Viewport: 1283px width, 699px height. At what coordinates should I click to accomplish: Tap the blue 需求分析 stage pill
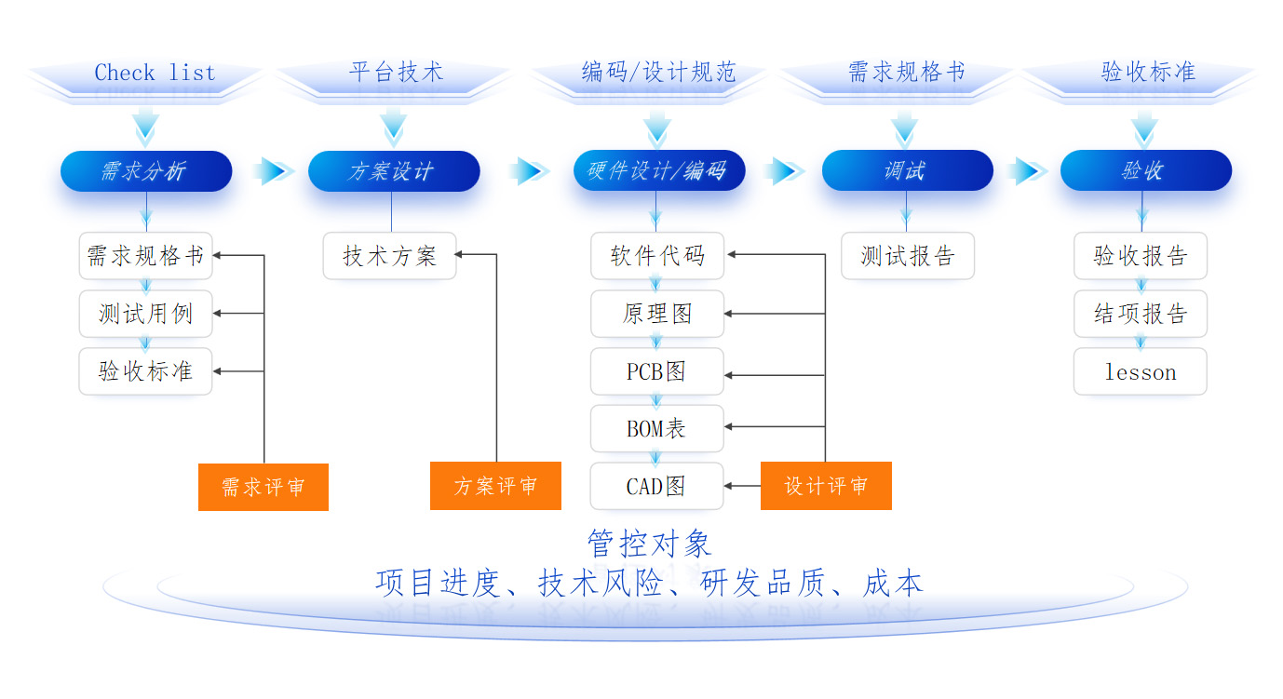coord(146,170)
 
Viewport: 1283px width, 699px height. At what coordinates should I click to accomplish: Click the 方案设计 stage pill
coord(394,170)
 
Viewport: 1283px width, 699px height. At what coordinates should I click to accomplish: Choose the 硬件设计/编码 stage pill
coord(659,170)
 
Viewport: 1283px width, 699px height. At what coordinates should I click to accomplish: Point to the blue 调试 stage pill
coord(907,170)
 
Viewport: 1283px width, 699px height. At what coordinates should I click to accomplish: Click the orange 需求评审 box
coord(263,487)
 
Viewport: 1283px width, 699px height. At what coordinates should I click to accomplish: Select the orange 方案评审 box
coord(495,486)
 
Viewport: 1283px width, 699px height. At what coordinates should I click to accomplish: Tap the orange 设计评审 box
coord(826,486)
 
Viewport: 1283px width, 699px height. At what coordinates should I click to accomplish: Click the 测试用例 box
coord(145,314)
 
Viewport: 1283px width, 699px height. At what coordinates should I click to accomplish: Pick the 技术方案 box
coord(389,255)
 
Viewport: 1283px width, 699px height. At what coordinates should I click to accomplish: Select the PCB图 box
coord(657,371)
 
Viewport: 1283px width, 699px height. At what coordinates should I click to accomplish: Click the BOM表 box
coord(657,428)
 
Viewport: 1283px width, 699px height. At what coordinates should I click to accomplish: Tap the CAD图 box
coord(657,486)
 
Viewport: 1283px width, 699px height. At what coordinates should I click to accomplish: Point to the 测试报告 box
coord(908,255)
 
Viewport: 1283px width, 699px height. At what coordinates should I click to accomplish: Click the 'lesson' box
coord(1141,371)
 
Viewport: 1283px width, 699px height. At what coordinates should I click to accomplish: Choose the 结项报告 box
coord(1141,314)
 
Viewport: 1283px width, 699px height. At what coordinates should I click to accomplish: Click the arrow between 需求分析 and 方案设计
coord(273,170)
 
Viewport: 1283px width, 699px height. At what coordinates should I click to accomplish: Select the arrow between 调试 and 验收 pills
coord(1027,170)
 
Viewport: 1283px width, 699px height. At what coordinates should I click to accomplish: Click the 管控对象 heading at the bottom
coord(650,544)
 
